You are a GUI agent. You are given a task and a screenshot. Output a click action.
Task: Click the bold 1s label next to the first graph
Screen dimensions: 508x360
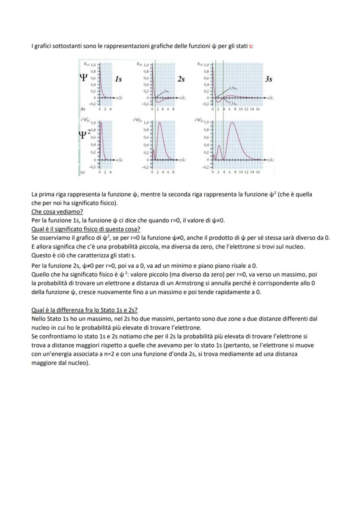(118, 80)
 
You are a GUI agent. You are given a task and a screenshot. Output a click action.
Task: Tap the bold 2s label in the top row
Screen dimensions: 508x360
(181, 80)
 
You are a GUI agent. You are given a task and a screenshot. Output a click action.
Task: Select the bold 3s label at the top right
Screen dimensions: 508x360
(269, 80)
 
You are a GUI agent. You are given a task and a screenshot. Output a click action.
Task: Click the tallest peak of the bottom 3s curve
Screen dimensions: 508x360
(233, 123)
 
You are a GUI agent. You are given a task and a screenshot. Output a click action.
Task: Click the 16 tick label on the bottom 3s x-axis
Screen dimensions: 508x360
(258, 172)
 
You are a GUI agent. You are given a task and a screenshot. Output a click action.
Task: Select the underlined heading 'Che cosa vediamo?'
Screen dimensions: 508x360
(57, 212)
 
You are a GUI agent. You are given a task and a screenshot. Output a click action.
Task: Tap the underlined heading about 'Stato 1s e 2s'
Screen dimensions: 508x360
(84, 310)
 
